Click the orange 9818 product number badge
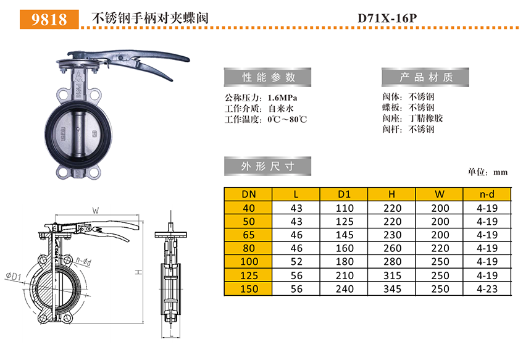(49, 19)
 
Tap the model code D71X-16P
(387, 18)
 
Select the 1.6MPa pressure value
(282, 98)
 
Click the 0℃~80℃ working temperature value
(287, 119)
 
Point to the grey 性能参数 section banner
(267, 77)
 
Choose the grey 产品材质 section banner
(425, 77)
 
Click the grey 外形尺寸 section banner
(267, 166)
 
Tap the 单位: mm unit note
(488, 172)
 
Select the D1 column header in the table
(344, 195)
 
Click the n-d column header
(487, 195)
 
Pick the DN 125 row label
(249, 275)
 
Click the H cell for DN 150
(392, 289)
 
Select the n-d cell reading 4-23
(487, 289)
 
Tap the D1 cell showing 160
(345, 248)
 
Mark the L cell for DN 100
(296, 262)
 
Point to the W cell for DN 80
(440, 248)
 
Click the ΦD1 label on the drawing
(13, 277)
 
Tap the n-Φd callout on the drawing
(83, 261)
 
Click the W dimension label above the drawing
(96, 211)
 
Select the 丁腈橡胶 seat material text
(425, 118)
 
